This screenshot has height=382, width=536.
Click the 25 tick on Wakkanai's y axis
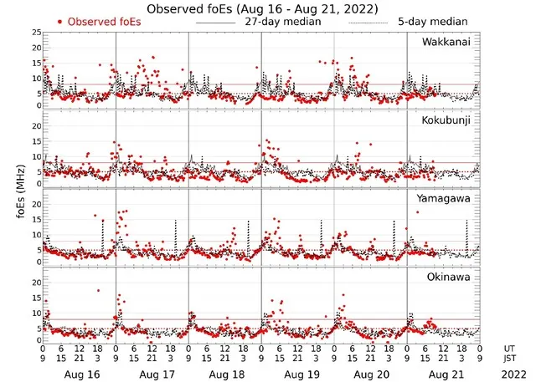[36, 33]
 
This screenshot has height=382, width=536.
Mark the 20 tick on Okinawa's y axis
[36, 283]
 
